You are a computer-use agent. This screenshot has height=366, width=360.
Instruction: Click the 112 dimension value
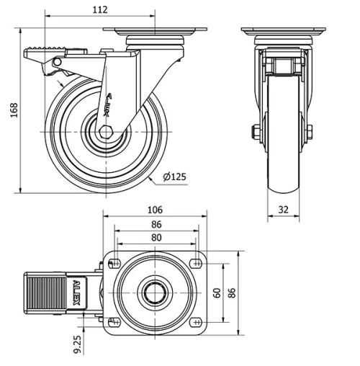tap(100, 9)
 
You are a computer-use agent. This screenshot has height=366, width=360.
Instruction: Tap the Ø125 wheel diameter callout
tap(174, 177)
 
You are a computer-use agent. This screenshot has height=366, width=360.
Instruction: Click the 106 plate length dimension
tap(154, 210)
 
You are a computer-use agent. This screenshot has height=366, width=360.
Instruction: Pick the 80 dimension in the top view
tap(156, 237)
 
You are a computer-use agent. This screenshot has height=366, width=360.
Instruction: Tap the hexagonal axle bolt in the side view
tap(106, 131)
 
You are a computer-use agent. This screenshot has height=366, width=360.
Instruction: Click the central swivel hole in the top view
tap(154, 292)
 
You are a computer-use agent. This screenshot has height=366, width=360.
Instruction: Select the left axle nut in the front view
tap(256, 132)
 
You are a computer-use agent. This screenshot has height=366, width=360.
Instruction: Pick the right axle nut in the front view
tap(309, 132)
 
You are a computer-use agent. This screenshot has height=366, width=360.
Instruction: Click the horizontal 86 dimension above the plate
tap(156, 224)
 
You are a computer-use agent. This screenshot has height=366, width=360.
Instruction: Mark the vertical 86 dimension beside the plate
tap(232, 293)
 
